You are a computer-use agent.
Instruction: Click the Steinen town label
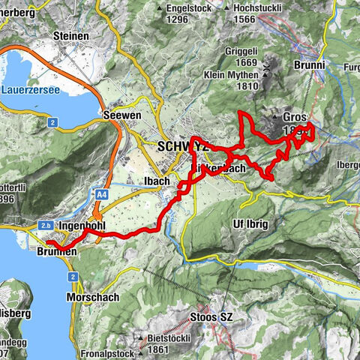[x=72, y=36]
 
